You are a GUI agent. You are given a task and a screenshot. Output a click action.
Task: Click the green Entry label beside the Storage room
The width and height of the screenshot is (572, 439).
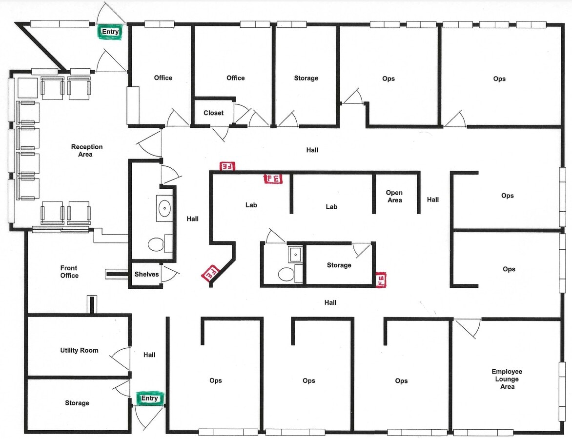click(x=150, y=399)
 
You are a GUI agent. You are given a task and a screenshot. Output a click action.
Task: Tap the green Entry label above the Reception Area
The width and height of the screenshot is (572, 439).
click(x=110, y=32)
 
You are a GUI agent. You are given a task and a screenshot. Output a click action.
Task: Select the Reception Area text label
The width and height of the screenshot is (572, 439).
click(x=87, y=151)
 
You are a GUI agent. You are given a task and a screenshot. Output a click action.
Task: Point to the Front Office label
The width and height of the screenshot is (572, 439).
click(x=69, y=272)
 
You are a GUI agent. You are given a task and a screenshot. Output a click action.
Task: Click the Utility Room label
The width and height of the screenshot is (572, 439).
click(x=79, y=350)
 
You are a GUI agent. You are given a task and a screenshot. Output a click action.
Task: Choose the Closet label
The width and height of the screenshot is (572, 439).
click(x=213, y=113)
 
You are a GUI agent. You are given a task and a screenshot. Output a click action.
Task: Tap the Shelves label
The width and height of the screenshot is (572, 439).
click(x=146, y=274)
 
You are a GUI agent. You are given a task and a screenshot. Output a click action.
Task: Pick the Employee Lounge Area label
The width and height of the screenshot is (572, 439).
click(x=507, y=379)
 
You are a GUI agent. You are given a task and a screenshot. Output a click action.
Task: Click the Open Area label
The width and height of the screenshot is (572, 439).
click(x=394, y=197)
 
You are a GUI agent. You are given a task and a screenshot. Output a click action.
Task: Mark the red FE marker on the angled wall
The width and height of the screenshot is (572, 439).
click(x=211, y=273)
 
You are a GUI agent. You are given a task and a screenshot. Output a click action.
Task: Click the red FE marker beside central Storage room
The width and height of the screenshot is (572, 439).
click(x=381, y=279)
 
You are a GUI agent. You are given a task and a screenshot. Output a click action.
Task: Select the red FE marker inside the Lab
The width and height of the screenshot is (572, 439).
click(x=273, y=179)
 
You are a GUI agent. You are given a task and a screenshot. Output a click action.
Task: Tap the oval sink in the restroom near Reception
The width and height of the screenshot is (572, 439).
click(x=164, y=208)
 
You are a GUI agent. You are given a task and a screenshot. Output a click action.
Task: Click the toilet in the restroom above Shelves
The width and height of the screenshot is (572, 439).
click(x=156, y=244)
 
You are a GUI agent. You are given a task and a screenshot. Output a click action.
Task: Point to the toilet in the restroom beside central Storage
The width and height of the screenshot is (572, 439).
click(x=286, y=274)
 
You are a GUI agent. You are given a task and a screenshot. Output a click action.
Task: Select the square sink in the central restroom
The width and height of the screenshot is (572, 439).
click(x=295, y=254)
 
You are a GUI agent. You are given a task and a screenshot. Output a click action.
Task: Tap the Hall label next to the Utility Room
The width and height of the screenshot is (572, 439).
click(x=149, y=355)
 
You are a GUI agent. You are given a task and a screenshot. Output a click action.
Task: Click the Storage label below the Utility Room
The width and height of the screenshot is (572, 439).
click(x=77, y=403)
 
